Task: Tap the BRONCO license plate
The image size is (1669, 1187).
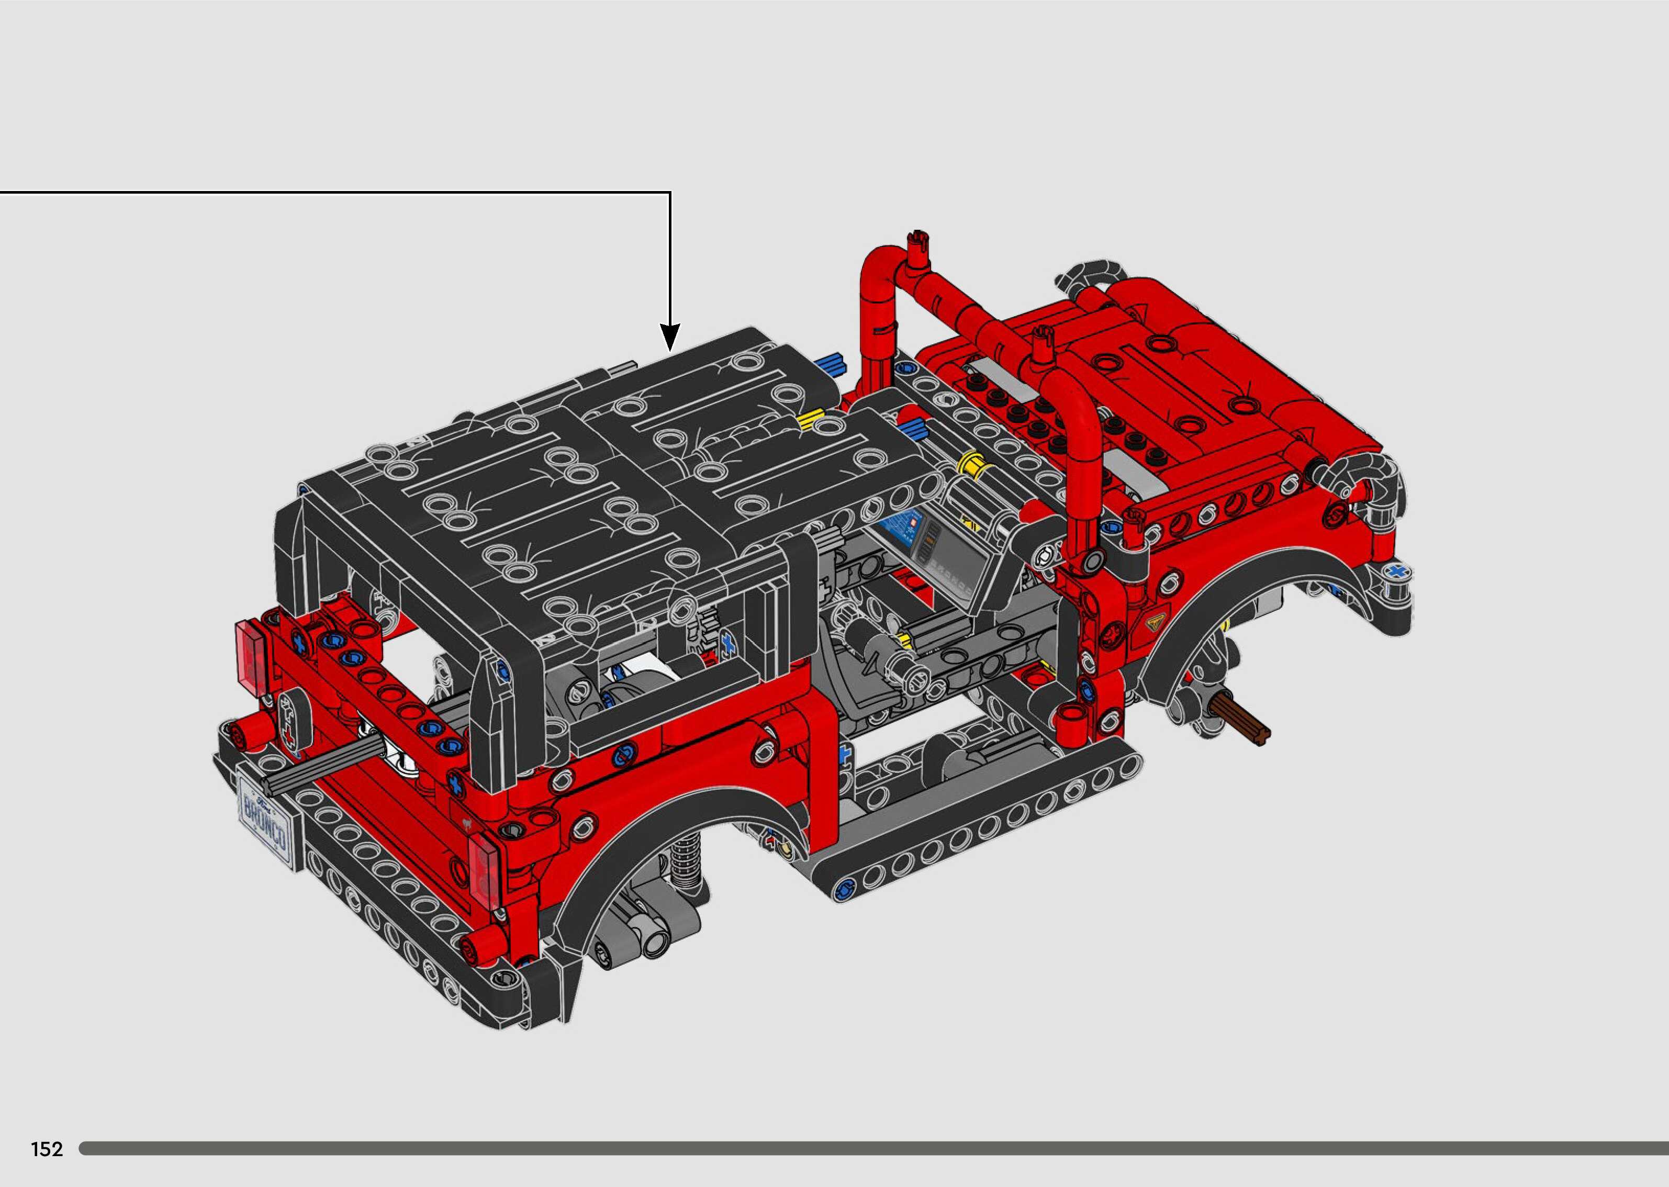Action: [x=267, y=817]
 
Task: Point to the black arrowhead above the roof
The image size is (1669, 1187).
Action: [x=669, y=338]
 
